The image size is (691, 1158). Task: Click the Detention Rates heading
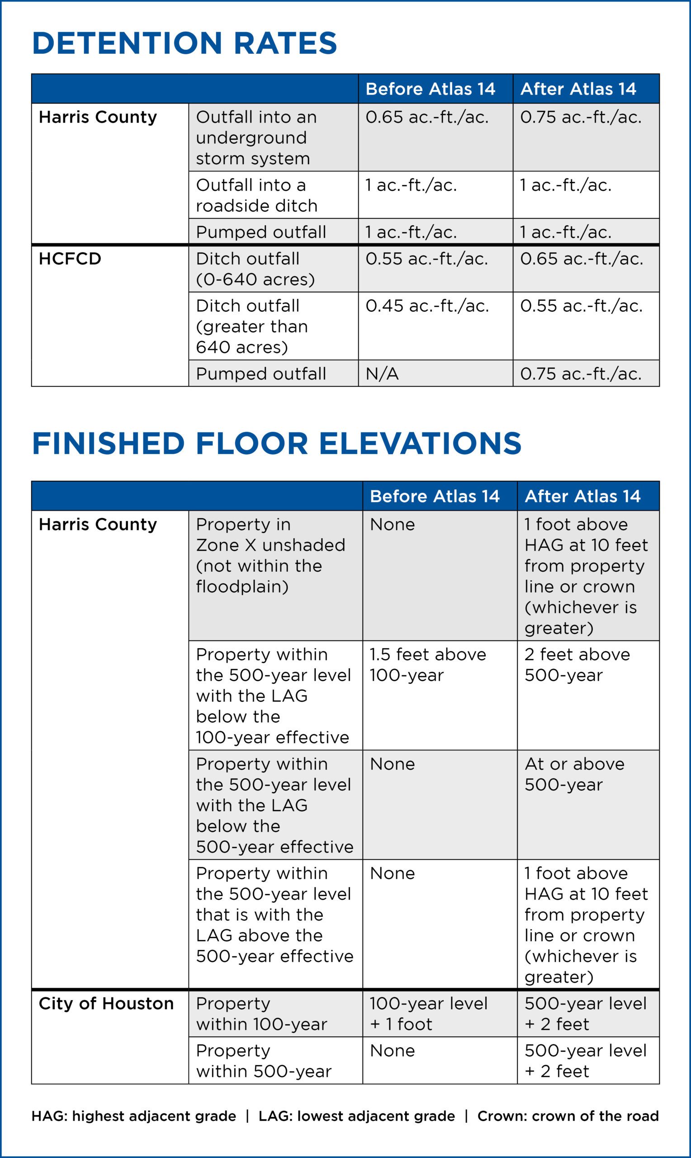(x=185, y=43)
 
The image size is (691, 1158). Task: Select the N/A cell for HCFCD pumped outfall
(x=382, y=374)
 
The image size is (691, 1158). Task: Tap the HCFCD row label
(x=70, y=258)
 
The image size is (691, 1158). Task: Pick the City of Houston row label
(x=106, y=1003)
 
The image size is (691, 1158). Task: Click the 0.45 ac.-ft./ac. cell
(x=427, y=306)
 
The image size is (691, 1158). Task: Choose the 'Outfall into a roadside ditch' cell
(x=256, y=195)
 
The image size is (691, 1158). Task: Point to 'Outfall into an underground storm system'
(x=256, y=138)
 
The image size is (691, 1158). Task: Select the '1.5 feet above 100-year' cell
(x=427, y=664)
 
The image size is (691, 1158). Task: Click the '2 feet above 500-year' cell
(x=577, y=664)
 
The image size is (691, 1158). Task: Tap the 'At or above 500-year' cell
(x=574, y=774)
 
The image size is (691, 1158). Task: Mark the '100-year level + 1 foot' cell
(x=428, y=1014)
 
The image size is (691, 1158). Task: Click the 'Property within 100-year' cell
(x=261, y=1014)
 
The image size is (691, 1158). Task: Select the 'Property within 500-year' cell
(x=264, y=1061)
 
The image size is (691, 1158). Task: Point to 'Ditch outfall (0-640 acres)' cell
(x=255, y=269)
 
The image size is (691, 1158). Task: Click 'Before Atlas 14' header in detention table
(x=430, y=89)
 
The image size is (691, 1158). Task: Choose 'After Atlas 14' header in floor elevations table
(x=582, y=496)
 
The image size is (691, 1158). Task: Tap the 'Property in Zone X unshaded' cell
(x=270, y=555)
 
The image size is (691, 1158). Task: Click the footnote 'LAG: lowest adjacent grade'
(x=357, y=1115)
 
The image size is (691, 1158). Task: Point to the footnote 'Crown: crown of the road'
(x=568, y=1115)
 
